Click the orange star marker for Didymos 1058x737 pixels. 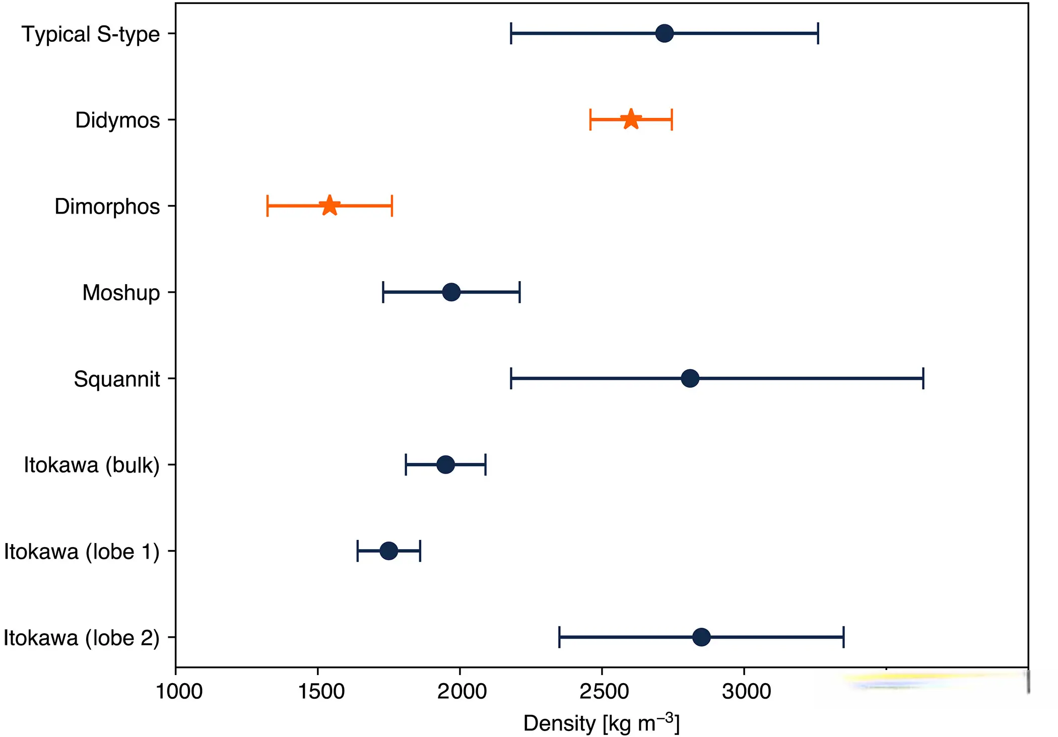point(631,120)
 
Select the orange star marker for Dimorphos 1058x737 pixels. point(329,206)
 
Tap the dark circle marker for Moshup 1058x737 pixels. point(451,292)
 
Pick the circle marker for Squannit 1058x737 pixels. point(690,378)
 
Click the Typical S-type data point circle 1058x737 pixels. point(665,33)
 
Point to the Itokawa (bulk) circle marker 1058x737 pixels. point(445,464)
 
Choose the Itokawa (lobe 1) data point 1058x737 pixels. point(388,551)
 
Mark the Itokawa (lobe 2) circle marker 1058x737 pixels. point(701,637)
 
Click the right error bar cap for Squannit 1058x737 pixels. point(923,378)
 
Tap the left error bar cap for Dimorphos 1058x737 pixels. point(268,206)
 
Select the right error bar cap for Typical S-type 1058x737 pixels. point(818,33)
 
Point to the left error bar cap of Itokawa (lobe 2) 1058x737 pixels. point(559,637)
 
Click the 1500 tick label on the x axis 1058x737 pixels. point(321,692)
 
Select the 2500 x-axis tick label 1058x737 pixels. point(604,692)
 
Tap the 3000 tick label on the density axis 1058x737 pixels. point(746,692)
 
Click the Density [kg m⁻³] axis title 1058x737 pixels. point(601,723)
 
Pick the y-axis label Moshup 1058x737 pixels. point(121,293)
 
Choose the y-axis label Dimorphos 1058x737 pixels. point(107,207)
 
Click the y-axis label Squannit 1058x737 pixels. point(116,379)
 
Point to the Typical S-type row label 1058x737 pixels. point(90,34)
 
